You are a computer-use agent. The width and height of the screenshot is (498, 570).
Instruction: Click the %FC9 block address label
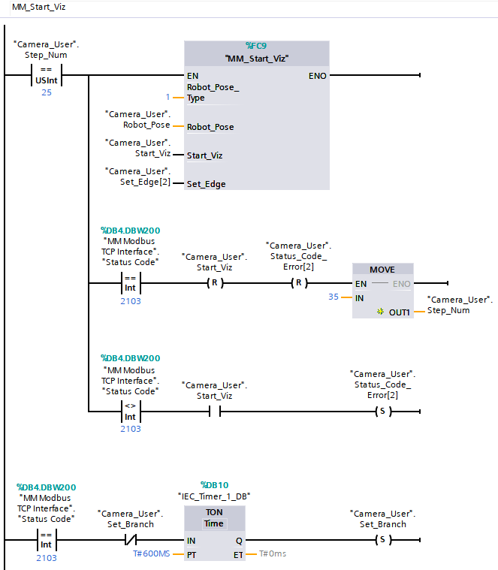256,46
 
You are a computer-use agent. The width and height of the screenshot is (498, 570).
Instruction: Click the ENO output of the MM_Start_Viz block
317,76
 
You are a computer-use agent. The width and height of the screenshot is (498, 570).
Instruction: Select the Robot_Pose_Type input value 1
168,98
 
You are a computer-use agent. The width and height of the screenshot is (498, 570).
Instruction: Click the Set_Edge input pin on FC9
206,183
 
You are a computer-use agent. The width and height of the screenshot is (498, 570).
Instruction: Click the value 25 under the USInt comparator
47,92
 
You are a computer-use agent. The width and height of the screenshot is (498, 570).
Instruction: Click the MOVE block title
382,270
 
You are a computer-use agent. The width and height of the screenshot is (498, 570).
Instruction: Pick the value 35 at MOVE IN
334,297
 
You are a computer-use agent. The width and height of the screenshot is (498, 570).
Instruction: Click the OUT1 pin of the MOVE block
399,311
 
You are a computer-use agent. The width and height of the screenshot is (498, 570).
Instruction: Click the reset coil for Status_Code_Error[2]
299,284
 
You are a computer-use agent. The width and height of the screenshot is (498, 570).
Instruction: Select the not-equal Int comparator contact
130,412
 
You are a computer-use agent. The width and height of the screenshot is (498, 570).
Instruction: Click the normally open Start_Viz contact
214,412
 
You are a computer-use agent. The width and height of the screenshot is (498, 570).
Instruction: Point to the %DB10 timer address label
213,484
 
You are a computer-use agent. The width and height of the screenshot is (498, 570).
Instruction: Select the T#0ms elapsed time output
273,553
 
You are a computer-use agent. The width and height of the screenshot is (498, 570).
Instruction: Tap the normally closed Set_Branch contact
130,540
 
